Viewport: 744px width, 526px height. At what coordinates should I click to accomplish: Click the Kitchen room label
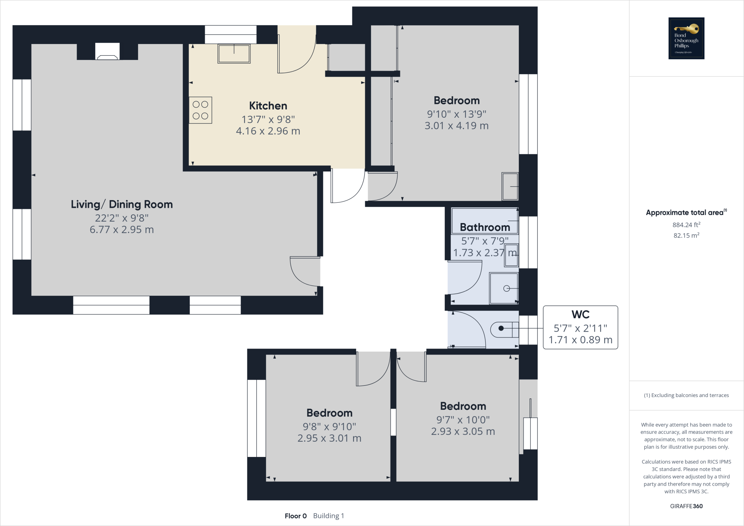click(268, 106)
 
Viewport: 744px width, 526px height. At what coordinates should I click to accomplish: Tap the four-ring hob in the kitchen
click(201, 110)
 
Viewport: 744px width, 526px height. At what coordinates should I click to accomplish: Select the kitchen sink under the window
click(234, 54)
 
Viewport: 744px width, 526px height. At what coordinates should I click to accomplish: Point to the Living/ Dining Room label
click(122, 204)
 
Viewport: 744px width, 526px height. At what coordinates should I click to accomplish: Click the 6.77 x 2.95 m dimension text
click(122, 230)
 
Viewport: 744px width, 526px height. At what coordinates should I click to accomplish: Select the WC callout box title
click(580, 314)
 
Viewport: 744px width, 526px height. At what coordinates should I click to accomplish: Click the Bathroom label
click(485, 227)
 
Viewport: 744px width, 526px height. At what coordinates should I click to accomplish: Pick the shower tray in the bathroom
click(504, 288)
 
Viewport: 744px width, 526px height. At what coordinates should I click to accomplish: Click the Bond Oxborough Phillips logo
click(686, 38)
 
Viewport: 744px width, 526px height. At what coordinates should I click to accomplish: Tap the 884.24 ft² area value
click(686, 225)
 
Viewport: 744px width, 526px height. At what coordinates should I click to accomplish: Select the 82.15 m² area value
click(686, 235)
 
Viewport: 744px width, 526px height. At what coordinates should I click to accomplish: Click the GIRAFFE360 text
click(686, 506)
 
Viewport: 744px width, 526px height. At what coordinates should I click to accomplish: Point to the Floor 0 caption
click(296, 516)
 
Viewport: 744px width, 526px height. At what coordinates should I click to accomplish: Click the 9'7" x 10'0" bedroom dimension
click(463, 420)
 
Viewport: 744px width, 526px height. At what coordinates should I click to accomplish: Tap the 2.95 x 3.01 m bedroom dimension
click(329, 438)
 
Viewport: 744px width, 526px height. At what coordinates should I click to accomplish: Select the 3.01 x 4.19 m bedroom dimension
click(456, 126)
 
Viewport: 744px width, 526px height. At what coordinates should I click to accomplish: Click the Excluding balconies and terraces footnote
click(686, 395)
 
